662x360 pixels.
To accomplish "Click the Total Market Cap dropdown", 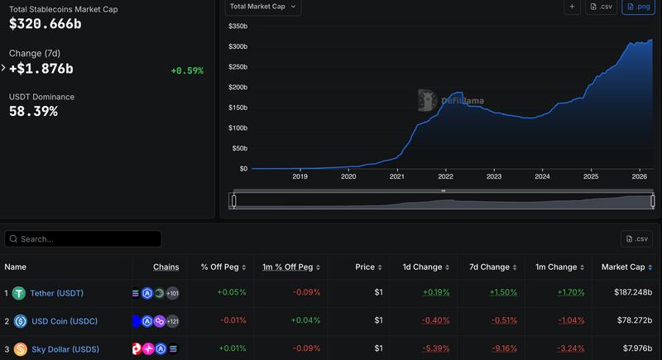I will (x=262, y=7).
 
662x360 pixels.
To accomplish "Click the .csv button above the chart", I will (x=602, y=7).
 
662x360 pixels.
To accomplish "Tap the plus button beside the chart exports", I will (x=572, y=7).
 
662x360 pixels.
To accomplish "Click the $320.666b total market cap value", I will (x=46, y=24).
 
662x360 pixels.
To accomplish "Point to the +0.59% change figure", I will (x=187, y=70).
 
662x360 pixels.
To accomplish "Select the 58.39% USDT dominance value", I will (x=33, y=111).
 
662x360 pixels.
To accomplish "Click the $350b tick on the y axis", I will (x=237, y=26).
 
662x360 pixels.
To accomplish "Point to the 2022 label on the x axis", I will (x=445, y=176).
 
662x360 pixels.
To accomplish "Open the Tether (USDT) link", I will (x=56, y=293).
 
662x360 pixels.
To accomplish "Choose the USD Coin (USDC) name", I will (x=64, y=321).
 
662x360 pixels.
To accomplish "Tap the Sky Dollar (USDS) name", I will (x=65, y=349).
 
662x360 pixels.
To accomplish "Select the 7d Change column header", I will (x=489, y=267).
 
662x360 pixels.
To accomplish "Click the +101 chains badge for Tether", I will (x=172, y=293).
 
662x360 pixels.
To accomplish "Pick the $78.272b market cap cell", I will (x=633, y=321).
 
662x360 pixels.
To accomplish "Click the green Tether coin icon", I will (x=18, y=293).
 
